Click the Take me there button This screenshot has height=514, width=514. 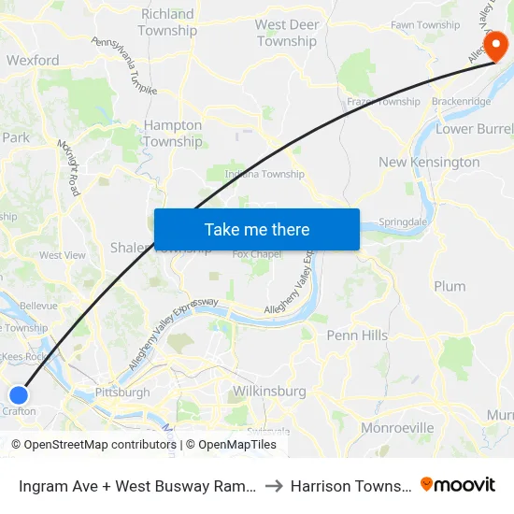pyautogui.click(x=257, y=229)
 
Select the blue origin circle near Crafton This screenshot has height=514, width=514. pyautogui.click(x=18, y=394)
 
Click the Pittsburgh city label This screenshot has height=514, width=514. pyautogui.click(x=122, y=393)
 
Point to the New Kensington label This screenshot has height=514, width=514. pyautogui.click(x=429, y=163)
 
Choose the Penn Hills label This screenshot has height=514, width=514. pyautogui.click(x=357, y=335)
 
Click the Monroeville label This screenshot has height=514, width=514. pyautogui.click(x=397, y=428)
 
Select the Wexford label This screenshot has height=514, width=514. pyautogui.click(x=33, y=61)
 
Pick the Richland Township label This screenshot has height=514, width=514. pyautogui.click(x=167, y=22)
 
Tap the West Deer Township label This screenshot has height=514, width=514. pyautogui.click(x=287, y=33)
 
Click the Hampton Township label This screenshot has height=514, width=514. pyautogui.click(x=173, y=134)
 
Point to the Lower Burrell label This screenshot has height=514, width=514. pyautogui.click(x=475, y=129)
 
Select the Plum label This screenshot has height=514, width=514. pyautogui.click(x=450, y=286)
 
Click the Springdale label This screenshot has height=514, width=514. pyautogui.click(x=403, y=223)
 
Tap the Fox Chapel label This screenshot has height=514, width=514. pyautogui.click(x=257, y=254)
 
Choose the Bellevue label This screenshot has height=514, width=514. pyautogui.click(x=38, y=306)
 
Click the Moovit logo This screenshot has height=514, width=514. pyautogui.click(x=457, y=485)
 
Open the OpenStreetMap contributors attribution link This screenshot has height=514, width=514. pyautogui.click(x=93, y=445)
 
